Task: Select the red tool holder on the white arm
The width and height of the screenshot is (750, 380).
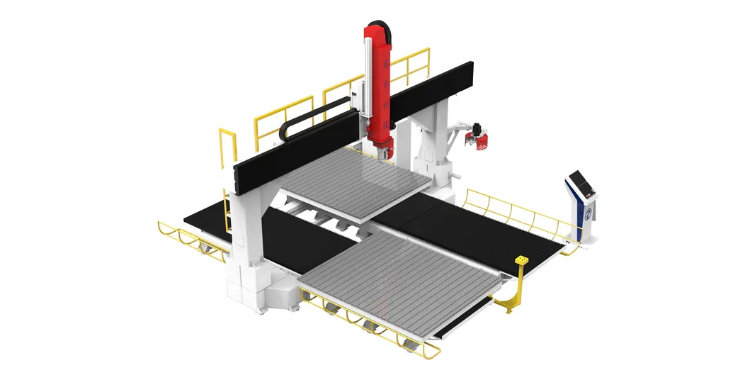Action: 480,137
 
